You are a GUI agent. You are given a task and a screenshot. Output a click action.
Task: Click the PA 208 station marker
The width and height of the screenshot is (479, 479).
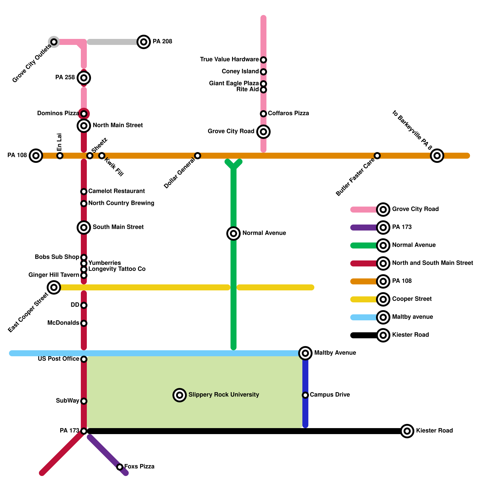coord(144,42)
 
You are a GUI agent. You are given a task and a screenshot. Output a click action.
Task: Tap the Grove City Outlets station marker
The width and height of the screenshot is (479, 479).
coord(54,42)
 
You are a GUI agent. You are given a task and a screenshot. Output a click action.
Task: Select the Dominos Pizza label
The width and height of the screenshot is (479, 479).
coord(58,113)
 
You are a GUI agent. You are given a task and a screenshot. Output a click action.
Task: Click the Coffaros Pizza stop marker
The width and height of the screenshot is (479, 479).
coord(263,114)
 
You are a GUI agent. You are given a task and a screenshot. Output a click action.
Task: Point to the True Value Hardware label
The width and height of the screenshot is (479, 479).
coord(229,60)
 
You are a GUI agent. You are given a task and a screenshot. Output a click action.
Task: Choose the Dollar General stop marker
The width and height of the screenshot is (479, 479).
coord(198,156)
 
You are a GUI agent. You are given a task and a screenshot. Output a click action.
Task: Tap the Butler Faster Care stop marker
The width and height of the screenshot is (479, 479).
coord(377,156)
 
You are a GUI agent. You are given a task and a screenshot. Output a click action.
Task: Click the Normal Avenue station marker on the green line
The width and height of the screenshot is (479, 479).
coord(234,234)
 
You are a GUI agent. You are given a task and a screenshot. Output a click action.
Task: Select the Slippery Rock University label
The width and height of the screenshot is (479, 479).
coord(224,395)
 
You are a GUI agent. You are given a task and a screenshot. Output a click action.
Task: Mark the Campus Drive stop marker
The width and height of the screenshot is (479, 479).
coord(305,395)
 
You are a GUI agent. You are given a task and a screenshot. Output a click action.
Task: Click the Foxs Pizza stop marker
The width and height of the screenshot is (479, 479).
coord(120,467)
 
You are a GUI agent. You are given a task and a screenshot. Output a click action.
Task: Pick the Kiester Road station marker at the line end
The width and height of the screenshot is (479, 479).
coord(407,431)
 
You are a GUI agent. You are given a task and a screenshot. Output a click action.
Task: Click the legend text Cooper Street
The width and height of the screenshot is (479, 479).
coord(412,299)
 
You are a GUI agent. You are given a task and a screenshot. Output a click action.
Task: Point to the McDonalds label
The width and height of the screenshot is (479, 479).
coord(63,323)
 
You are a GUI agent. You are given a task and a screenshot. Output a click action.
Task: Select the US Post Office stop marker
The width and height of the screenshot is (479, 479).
coord(84,359)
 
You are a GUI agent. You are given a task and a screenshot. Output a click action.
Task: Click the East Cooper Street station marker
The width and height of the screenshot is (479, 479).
coord(54,287)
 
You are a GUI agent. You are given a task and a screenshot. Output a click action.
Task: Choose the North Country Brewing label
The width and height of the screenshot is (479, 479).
coord(121,203)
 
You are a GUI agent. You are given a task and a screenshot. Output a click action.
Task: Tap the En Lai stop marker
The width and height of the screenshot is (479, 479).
coord(60,156)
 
